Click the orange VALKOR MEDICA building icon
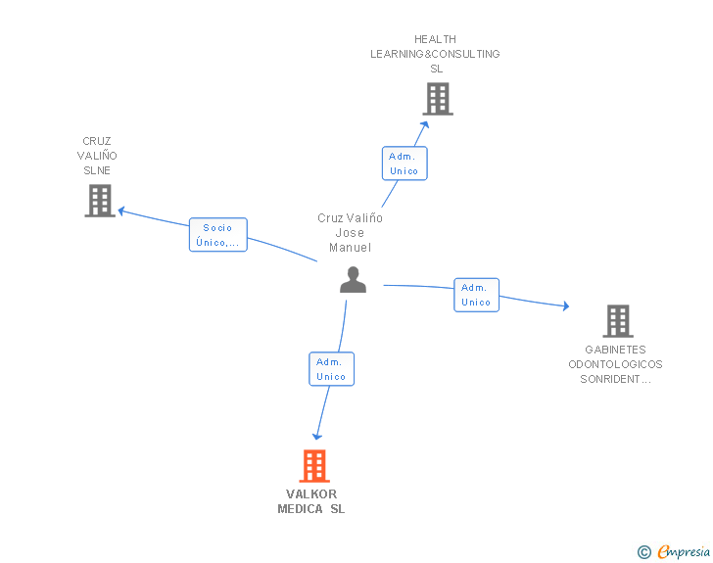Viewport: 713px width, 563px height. [x=313, y=466]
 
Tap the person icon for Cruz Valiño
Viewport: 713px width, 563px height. [x=353, y=280]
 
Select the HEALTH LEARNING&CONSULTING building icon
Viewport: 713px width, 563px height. [x=438, y=99]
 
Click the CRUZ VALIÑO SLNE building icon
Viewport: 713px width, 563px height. [x=99, y=201]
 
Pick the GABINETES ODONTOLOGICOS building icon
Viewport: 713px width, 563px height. [x=617, y=321]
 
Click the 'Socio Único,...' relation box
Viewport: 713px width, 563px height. [x=217, y=235]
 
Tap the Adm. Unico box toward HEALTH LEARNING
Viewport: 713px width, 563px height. [x=404, y=164]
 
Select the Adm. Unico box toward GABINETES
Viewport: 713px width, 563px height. [x=476, y=295]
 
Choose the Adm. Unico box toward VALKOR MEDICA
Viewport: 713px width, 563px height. [x=331, y=369]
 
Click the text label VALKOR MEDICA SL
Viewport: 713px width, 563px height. [x=311, y=501]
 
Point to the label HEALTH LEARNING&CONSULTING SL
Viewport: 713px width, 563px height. [x=435, y=54]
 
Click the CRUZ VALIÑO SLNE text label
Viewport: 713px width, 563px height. [x=97, y=156]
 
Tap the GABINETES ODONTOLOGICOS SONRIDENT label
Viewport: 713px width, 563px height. [x=615, y=364]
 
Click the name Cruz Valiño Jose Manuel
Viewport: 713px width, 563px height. [x=350, y=233]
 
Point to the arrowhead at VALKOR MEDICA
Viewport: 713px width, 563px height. [x=316, y=437]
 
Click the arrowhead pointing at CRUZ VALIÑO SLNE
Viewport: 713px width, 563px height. [x=121, y=210]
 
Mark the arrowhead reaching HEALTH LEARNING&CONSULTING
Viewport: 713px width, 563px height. [x=425, y=122]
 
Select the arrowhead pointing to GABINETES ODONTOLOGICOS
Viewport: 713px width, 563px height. [x=565, y=306]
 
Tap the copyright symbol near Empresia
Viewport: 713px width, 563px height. [x=644, y=552]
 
